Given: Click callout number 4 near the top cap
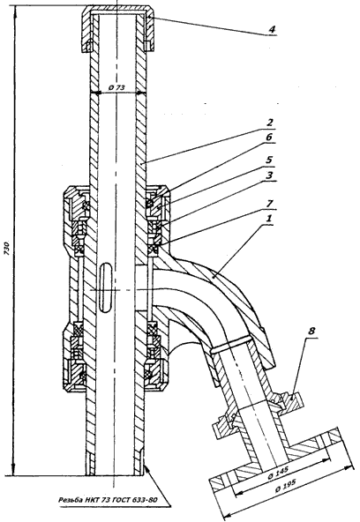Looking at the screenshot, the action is coord(272,29).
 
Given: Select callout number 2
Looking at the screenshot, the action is coord(269,123).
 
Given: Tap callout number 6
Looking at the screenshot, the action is coord(269,138).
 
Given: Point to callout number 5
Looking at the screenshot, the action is coord(269,160).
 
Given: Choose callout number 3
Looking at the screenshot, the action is coord(269,175).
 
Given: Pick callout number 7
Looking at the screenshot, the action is coord(269,203).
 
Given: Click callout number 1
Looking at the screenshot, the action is coord(269,219).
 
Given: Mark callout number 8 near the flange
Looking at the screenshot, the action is coord(311,332).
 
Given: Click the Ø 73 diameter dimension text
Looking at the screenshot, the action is coord(116,87).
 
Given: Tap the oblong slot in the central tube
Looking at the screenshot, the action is coord(106,287).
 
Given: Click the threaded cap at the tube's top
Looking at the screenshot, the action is coord(118,28).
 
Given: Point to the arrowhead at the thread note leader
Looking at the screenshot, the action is coord(146,469).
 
